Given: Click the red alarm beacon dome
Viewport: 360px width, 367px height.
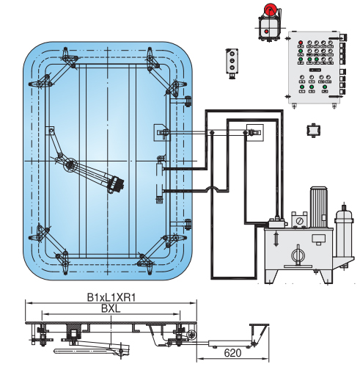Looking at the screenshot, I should pyautogui.click(x=269, y=10).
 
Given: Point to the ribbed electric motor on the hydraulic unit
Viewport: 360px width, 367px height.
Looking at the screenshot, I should pyautogui.click(x=318, y=206).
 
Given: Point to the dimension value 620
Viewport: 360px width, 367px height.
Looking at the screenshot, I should pyautogui.click(x=232, y=353).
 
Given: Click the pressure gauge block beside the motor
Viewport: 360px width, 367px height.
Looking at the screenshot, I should pyautogui.click(x=298, y=219).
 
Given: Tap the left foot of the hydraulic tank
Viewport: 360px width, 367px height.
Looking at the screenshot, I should pyautogui.click(x=271, y=277).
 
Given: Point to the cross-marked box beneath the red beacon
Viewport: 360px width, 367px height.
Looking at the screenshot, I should pyautogui.click(x=268, y=29).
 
